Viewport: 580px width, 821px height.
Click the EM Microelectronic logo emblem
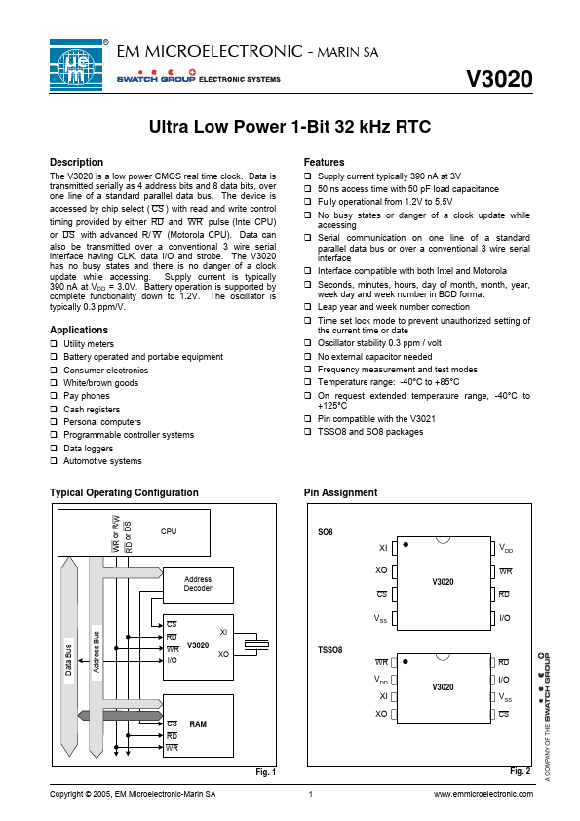[76, 65]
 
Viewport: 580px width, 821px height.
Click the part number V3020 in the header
[499, 79]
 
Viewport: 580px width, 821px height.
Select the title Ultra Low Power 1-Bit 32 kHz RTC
[290, 127]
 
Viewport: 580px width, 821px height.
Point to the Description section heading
[76, 162]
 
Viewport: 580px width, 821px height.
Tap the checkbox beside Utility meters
[54, 343]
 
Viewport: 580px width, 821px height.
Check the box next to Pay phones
[54, 395]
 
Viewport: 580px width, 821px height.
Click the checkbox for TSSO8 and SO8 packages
[308, 431]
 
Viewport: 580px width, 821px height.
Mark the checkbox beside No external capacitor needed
[308, 356]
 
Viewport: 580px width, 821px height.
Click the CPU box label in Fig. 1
[169, 531]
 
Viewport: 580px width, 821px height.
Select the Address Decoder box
[198, 585]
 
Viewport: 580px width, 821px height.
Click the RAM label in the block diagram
[198, 724]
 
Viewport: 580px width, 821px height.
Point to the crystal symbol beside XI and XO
[257, 645]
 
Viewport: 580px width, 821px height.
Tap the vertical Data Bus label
[68, 660]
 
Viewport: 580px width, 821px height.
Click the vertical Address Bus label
[97, 652]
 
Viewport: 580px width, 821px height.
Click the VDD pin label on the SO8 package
[506, 548]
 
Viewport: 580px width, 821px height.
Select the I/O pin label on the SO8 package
[505, 618]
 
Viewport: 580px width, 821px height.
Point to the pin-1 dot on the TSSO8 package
[406, 662]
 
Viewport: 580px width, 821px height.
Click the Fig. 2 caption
[520, 771]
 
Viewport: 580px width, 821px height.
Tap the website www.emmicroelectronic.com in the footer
[483, 794]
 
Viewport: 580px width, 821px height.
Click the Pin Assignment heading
[341, 492]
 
